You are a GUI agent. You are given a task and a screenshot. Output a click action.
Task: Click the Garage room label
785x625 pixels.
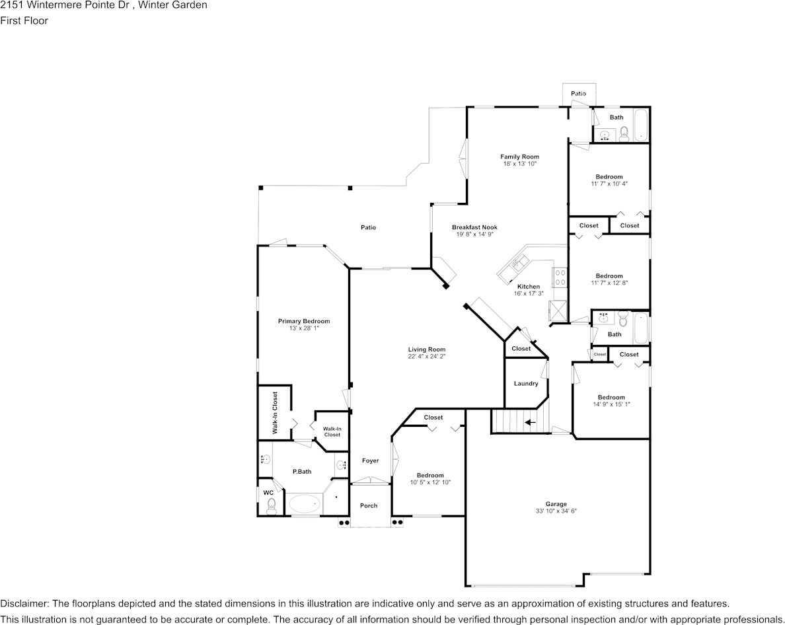pos(556,504)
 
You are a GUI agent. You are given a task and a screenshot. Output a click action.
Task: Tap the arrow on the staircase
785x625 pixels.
pos(530,422)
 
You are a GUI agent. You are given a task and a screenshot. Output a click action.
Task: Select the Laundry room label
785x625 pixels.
pos(526,383)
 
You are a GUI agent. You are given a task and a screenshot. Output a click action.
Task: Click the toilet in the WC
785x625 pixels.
pos(271,506)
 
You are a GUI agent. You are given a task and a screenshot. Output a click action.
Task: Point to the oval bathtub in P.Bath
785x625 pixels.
pos(305,504)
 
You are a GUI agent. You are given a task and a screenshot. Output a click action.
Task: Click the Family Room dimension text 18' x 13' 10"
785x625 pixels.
pos(519,163)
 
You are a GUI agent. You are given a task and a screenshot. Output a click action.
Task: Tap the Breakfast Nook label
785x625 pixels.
pos(474,227)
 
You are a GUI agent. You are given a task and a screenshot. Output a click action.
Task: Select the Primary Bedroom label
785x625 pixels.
pos(303,321)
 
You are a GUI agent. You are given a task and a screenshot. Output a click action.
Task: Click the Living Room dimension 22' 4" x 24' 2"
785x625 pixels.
pos(426,356)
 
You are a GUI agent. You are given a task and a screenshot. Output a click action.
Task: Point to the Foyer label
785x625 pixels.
pos(370,460)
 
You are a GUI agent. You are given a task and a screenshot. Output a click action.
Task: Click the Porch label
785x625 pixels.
pos(369,505)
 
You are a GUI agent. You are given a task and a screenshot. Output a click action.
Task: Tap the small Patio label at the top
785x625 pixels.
pos(578,94)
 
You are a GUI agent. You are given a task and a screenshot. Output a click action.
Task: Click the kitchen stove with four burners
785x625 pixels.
pos(560,277)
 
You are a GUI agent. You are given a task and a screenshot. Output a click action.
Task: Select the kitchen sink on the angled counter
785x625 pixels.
pos(517,264)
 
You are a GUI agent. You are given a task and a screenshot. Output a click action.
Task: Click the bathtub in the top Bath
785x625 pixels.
pos(640,125)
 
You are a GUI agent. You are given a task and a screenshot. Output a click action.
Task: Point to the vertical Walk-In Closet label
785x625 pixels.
pos(275,412)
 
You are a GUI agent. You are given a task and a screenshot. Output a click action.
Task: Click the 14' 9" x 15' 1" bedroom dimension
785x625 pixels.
pos(611,404)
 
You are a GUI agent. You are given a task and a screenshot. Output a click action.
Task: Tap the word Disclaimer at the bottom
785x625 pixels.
pos(24,604)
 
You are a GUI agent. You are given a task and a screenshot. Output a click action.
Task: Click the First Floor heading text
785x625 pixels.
pos(24,20)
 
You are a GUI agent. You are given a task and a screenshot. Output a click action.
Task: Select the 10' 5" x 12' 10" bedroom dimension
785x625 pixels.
pos(430,482)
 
